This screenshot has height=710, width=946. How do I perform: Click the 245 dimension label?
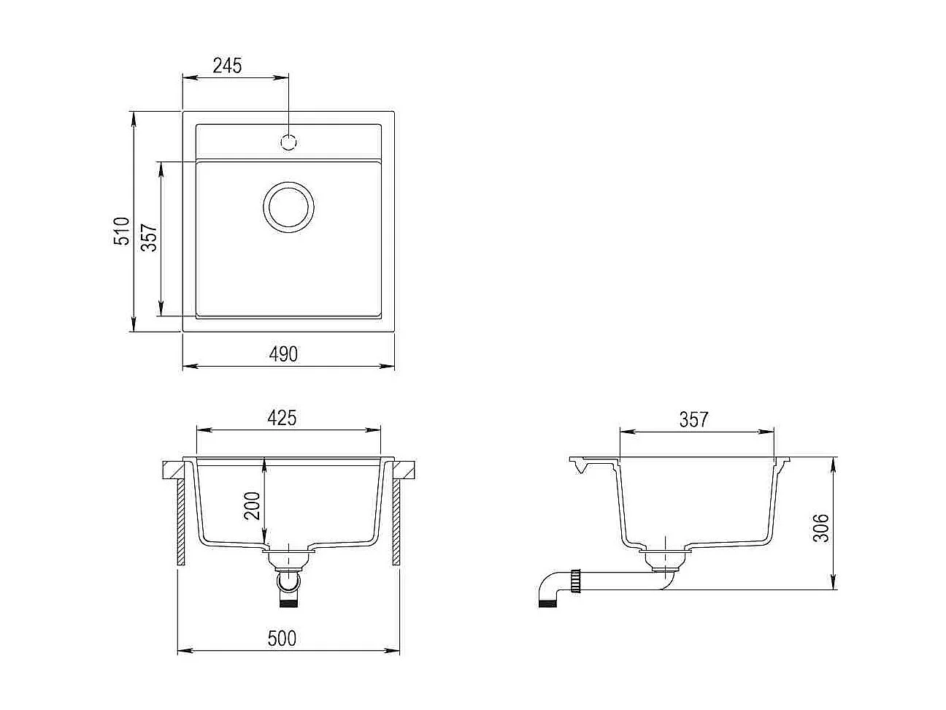click(x=227, y=66)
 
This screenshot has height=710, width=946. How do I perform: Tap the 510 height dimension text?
click(x=122, y=231)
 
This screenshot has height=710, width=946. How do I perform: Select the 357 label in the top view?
click(x=149, y=238)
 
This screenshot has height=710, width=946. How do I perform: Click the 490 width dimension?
click(x=283, y=354)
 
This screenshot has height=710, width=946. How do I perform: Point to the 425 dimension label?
click(x=282, y=418)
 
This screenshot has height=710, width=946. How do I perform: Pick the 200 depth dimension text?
click(x=252, y=505)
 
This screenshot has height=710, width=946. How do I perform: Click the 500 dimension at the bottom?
click(x=282, y=638)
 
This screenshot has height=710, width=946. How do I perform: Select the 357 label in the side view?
click(x=693, y=419)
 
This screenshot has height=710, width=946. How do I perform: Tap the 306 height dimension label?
click(x=821, y=527)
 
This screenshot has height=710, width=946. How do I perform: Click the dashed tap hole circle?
click(x=289, y=142)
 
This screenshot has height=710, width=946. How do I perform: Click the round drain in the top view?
click(x=288, y=206)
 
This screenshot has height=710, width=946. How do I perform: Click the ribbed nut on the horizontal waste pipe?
click(x=577, y=581)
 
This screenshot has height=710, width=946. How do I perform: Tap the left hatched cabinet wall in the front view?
click(x=180, y=522)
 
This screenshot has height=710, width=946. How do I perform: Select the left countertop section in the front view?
click(x=173, y=470)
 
